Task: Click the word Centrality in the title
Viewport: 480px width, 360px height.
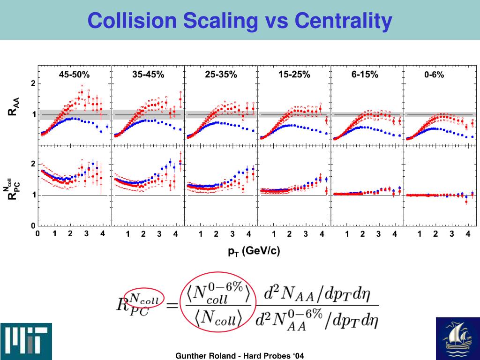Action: pyautogui.click(x=343, y=21)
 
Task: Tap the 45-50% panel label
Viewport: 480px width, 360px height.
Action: pyautogui.click(x=75, y=75)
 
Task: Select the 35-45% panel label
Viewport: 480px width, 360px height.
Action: pyautogui.click(x=148, y=75)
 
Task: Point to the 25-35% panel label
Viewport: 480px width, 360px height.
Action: pyautogui.click(x=221, y=75)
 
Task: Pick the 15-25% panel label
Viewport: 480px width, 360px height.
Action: pyautogui.click(x=294, y=75)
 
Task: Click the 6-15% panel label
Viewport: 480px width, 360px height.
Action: pyautogui.click(x=365, y=75)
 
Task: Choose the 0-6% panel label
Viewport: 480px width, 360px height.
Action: pyautogui.click(x=434, y=75)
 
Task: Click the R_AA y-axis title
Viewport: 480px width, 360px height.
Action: pyautogui.click(x=14, y=106)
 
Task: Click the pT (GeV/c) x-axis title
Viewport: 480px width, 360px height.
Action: pyautogui.click(x=254, y=251)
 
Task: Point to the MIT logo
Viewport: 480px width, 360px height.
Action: pyautogui.click(x=26, y=341)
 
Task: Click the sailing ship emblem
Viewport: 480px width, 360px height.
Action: pyautogui.click(x=458, y=338)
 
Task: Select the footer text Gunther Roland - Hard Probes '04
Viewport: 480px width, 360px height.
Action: pyautogui.click(x=240, y=356)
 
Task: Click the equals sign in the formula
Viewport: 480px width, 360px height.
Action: pyautogui.click(x=172, y=305)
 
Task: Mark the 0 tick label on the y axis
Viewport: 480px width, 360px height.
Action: pyautogui.click(x=33, y=226)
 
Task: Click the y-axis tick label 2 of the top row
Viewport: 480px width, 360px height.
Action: pyautogui.click(x=33, y=83)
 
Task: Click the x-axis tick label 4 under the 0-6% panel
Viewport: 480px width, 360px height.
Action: pyautogui.click(x=468, y=234)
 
